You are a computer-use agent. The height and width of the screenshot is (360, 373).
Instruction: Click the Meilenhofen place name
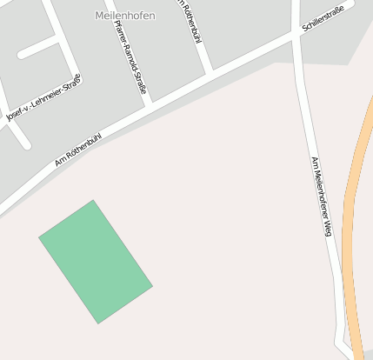click(124, 16)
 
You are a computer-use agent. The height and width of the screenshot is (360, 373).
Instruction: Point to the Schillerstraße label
click(323, 17)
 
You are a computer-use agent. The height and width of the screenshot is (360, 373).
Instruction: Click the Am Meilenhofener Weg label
click(322, 196)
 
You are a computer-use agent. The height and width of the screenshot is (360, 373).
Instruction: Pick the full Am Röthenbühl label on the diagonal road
click(78, 149)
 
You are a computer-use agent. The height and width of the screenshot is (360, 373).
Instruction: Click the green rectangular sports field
click(96, 262)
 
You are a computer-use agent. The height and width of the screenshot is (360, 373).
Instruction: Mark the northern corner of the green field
click(93, 201)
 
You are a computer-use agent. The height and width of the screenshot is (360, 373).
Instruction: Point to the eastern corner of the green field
click(152, 284)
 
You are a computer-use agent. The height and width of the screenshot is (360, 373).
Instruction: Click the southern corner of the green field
click(98, 323)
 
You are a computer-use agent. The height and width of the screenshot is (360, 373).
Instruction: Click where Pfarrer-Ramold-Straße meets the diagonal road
click(149, 103)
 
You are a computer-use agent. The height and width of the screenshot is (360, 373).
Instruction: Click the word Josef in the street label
click(15, 115)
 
